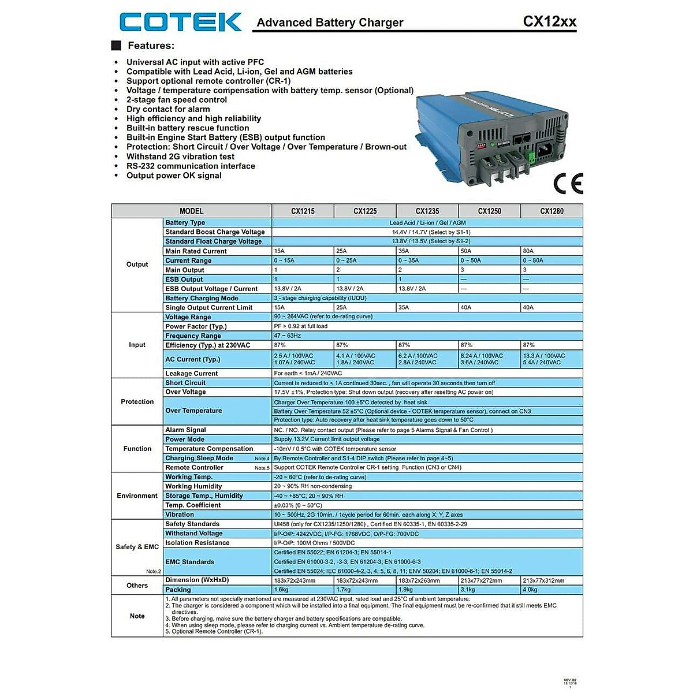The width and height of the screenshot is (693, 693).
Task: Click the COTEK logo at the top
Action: click(180, 22)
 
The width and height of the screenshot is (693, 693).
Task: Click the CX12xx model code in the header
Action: click(549, 21)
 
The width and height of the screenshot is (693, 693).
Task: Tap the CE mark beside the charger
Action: click(568, 183)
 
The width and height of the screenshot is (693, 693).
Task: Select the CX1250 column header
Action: click(489, 211)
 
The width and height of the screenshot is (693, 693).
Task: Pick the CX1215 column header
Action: click(303, 211)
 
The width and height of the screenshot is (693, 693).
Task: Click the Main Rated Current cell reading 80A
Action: click(552, 251)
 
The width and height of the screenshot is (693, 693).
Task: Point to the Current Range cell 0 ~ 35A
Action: click(427, 260)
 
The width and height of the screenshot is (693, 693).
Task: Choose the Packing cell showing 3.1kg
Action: click(489, 590)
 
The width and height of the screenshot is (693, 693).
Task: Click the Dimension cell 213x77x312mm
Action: click(552, 580)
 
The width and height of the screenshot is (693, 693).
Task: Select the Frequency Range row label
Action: click(193, 336)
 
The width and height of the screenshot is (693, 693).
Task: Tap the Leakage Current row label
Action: click(192, 374)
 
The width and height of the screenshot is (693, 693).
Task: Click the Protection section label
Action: click(137, 401)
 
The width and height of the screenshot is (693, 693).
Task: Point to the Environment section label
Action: click(137, 495)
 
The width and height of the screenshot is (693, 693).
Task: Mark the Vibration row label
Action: click(180, 515)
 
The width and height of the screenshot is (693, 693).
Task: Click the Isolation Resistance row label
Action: click(198, 543)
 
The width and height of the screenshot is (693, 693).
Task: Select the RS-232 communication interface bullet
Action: click(191, 166)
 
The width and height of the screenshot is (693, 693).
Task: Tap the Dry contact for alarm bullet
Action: click(168, 109)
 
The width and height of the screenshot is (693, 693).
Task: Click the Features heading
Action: click(151, 46)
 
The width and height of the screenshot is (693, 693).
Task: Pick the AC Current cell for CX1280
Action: click(552, 359)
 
